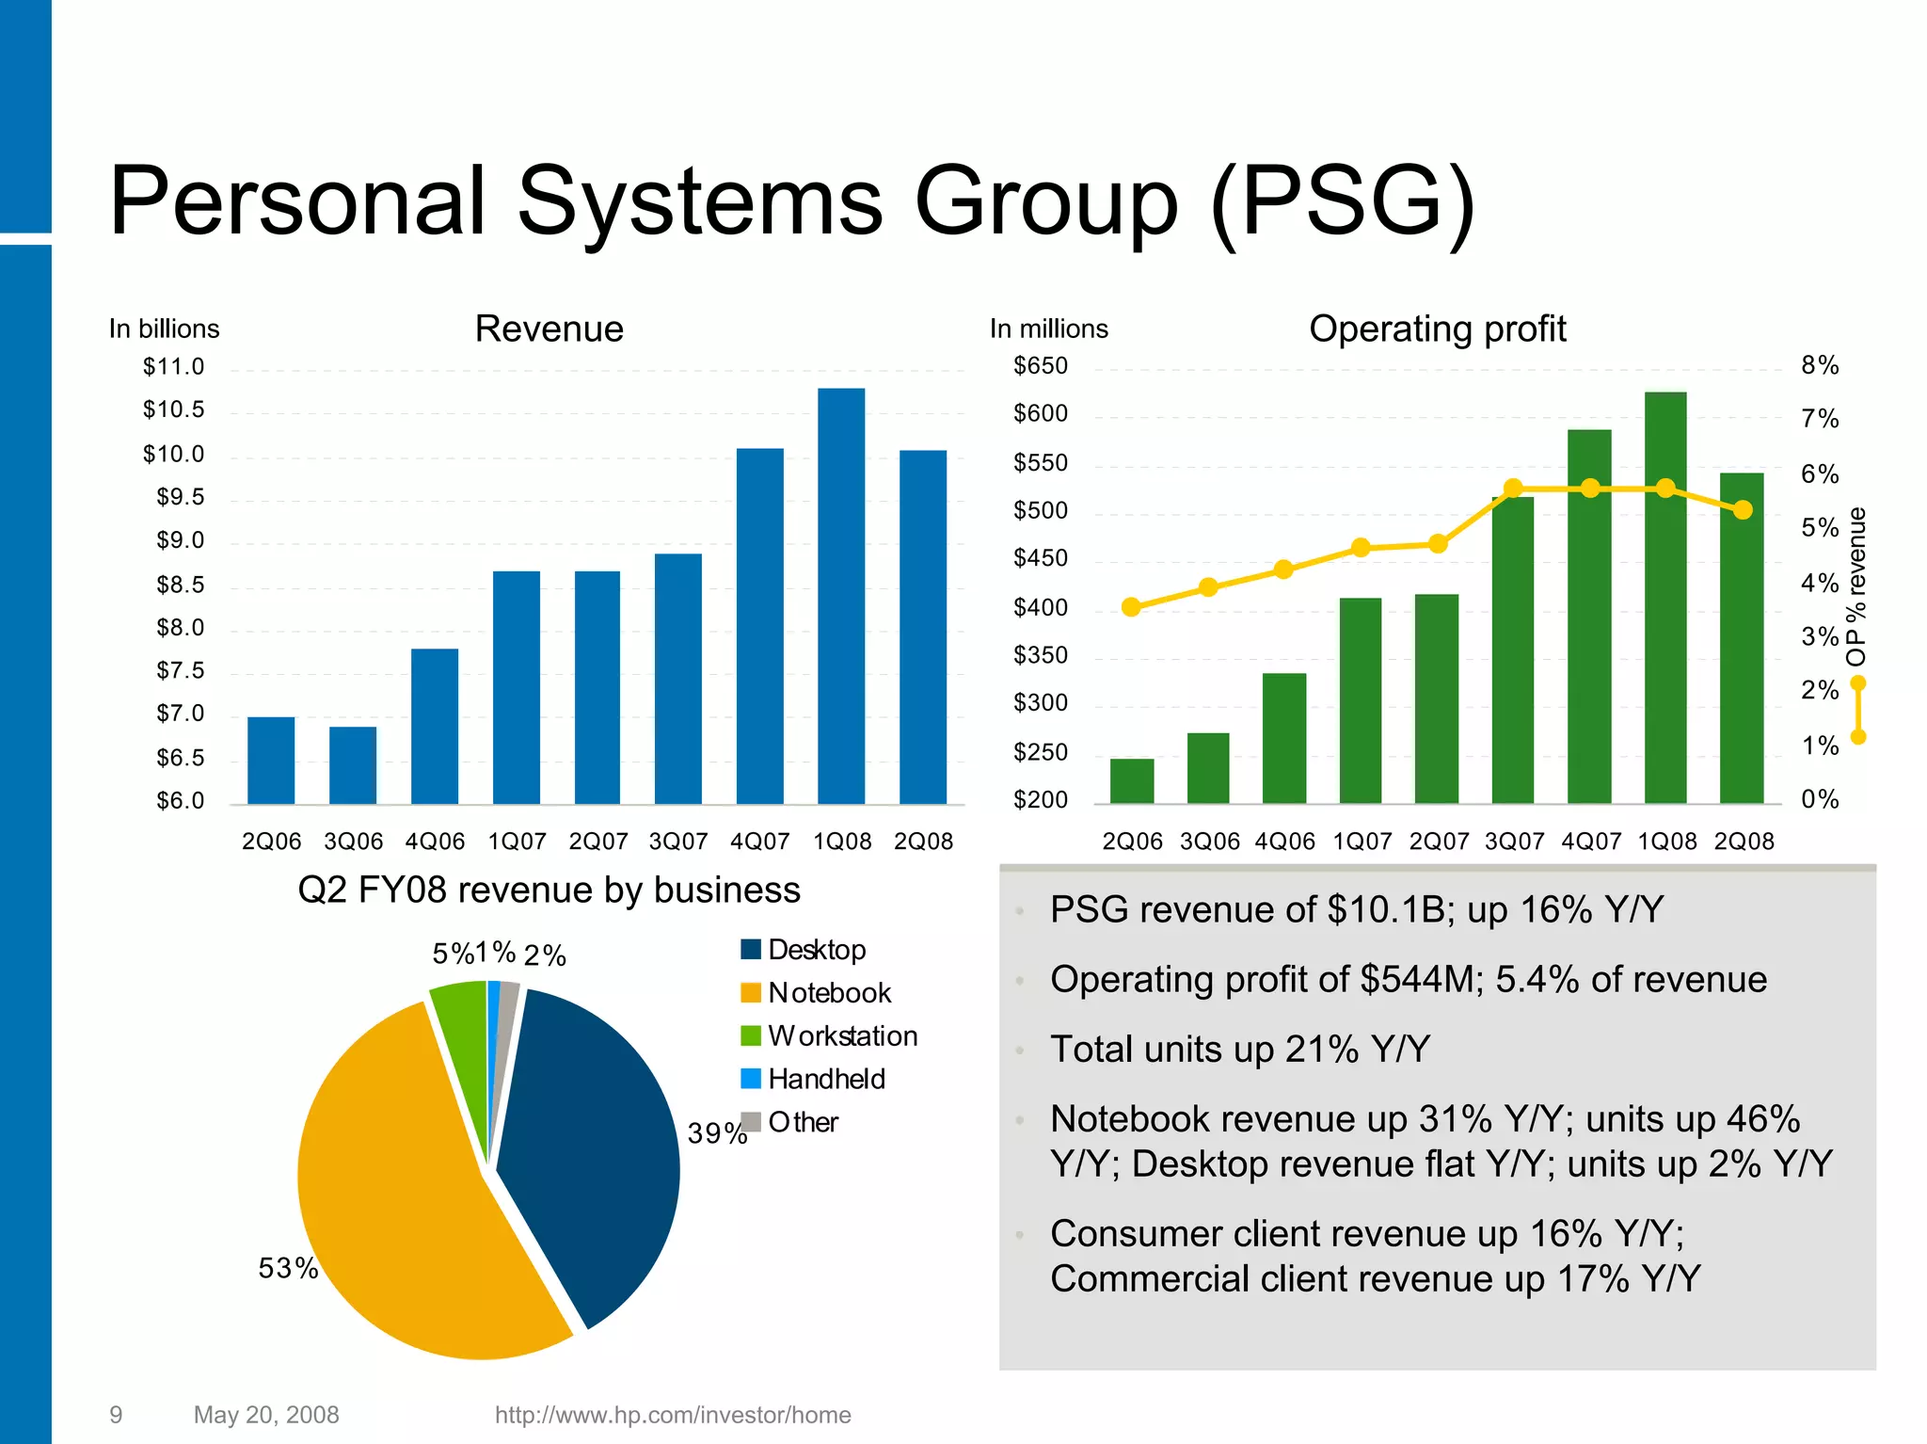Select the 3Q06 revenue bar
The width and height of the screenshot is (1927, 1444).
coord(353,764)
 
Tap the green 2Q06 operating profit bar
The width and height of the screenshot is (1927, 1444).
coord(1132,780)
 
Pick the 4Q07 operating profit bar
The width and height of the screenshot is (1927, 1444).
coord(1589,616)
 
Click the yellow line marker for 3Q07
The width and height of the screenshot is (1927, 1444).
coord(1513,489)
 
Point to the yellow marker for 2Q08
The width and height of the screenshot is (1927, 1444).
coord(1743,509)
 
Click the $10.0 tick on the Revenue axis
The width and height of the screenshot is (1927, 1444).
coord(173,454)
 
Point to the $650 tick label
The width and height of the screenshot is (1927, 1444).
coord(1040,365)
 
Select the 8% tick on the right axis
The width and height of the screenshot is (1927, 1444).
coord(1820,365)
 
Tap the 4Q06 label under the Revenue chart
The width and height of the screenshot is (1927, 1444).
coord(435,841)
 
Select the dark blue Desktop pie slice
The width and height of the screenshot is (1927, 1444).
coord(593,1148)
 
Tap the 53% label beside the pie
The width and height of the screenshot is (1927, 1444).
coord(288,1268)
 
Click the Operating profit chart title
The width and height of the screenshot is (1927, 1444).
coord(1437,329)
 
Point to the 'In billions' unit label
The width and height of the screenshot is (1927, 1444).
coord(164,329)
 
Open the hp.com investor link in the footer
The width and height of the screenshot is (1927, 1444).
coord(673,1415)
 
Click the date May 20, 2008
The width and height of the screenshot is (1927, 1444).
coord(266,1415)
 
